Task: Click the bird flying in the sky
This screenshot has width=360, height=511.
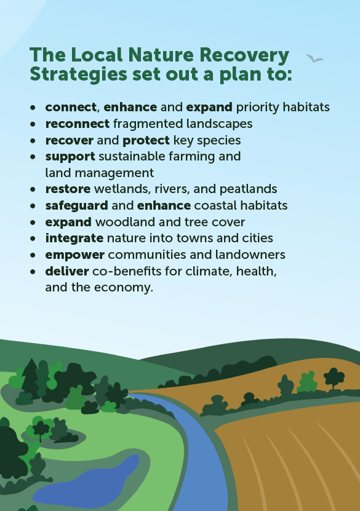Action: pyautogui.click(x=315, y=59)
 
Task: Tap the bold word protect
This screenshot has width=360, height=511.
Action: pyautogui.click(x=145, y=140)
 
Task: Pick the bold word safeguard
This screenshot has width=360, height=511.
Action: pyautogui.click(x=76, y=205)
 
